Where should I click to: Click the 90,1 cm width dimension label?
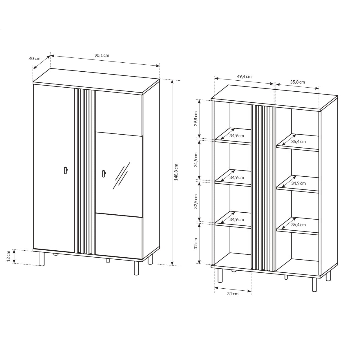point(102,55)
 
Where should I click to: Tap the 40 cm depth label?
point(35,58)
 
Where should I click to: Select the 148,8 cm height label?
point(176,172)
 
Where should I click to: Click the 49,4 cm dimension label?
point(244,77)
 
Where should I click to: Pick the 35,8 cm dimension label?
point(297,82)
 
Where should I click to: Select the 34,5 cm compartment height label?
point(196,160)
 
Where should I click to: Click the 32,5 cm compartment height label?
point(196,201)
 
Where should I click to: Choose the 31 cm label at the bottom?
point(233,294)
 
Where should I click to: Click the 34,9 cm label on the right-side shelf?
point(299,183)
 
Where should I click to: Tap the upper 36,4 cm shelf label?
point(299,142)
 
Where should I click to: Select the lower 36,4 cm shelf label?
point(299,225)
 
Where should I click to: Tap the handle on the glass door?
point(103,173)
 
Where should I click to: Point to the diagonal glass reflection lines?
point(121,175)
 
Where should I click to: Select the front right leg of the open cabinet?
point(314,285)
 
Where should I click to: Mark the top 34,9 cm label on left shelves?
point(237,135)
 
